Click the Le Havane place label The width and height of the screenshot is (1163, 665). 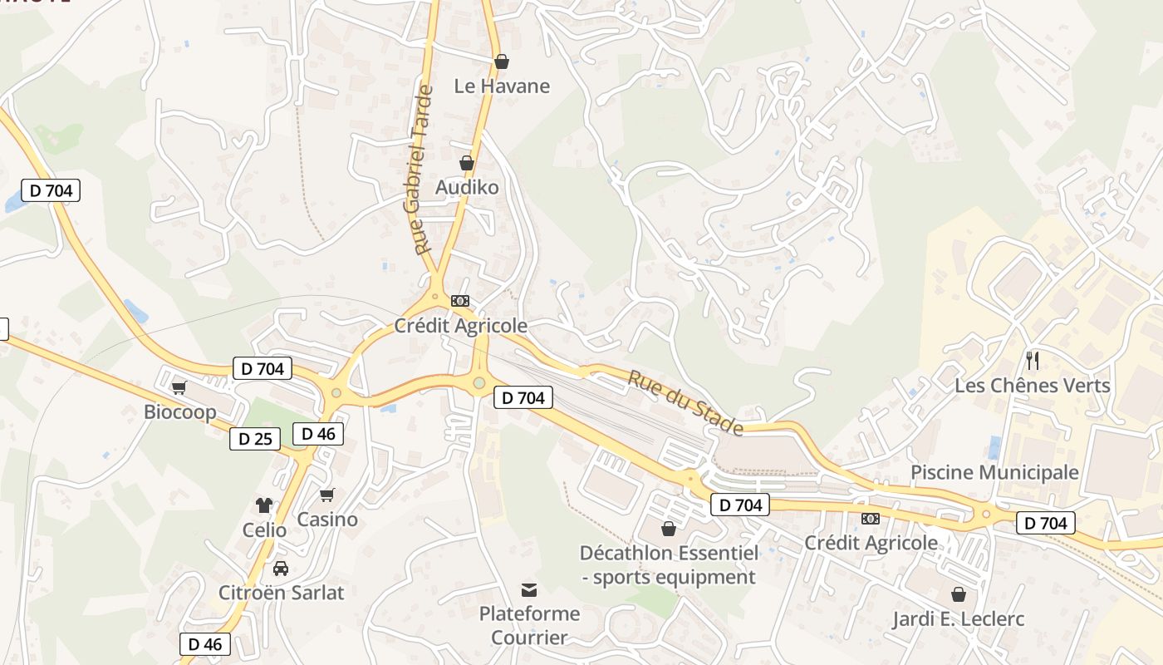tap(502, 86)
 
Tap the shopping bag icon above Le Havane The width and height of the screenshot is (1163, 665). tap(502, 62)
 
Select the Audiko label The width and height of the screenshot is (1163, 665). tap(467, 187)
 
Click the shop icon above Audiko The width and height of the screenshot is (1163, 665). tap(467, 163)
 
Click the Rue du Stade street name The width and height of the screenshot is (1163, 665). tap(685, 403)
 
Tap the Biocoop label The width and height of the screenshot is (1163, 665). tap(180, 411)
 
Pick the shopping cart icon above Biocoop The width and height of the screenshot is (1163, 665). tap(179, 387)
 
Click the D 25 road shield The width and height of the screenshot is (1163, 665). tap(255, 439)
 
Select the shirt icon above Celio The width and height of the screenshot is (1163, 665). tap(264, 505)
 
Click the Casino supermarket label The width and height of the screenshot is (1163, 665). tap(327, 520)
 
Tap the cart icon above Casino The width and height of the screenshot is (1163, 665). tap(327, 495)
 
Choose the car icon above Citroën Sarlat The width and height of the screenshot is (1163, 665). tap(281, 569)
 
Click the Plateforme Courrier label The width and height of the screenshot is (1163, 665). tap(529, 625)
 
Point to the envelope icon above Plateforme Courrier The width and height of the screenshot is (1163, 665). tap(529, 590)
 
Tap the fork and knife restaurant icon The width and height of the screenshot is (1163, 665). tap(1033, 360)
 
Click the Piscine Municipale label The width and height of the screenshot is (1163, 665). tap(994, 472)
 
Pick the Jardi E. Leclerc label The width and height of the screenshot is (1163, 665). tap(958, 619)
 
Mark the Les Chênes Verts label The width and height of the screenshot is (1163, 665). tap(1032, 385)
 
